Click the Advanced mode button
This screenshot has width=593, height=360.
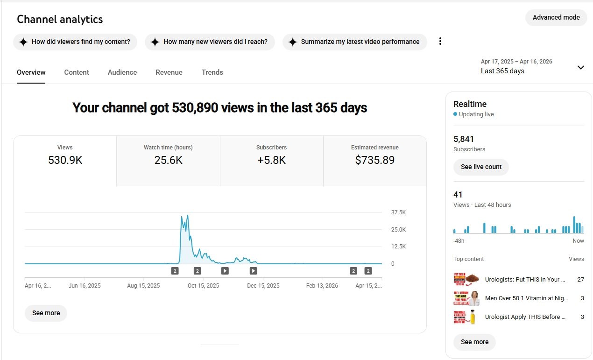556,18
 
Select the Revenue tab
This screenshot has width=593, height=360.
169,72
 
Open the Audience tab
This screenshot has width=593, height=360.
122,72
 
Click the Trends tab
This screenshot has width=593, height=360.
212,72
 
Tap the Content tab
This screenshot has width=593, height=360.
77,72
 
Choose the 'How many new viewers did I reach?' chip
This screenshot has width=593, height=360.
210,42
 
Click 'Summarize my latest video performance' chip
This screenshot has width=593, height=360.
354,42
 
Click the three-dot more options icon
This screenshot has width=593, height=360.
440,42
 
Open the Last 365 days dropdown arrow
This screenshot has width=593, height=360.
580,67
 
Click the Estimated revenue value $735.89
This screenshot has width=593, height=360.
375,161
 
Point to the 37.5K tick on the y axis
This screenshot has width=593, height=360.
398,212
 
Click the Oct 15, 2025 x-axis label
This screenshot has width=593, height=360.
203,286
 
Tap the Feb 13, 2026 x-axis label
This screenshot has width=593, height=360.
322,286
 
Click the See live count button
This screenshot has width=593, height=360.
481,167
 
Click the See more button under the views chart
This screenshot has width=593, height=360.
46,313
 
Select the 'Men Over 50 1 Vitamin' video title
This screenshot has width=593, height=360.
525,298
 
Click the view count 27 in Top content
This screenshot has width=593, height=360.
580,280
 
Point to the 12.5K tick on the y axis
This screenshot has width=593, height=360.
398,247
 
